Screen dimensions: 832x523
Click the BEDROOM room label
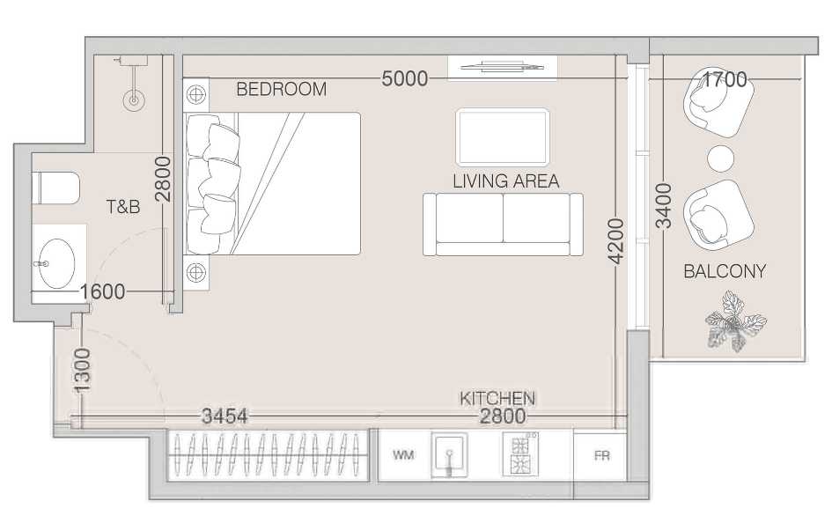click(x=281, y=89)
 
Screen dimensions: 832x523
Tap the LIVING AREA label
click(x=505, y=180)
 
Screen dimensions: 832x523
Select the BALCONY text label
click(x=725, y=271)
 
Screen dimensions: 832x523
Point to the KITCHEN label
click(x=497, y=398)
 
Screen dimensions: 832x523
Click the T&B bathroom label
click(x=123, y=206)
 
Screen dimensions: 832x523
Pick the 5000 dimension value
click(x=405, y=78)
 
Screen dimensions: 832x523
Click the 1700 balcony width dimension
click(x=725, y=79)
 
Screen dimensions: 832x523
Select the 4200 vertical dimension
click(x=616, y=241)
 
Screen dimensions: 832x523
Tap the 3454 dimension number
click(x=225, y=416)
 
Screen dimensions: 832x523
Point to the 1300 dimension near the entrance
click(x=82, y=371)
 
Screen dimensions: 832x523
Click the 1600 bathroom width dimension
click(x=102, y=291)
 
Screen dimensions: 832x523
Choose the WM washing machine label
click(x=403, y=454)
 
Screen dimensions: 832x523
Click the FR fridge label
click(x=601, y=455)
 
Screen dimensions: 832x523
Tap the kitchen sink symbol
click(x=449, y=455)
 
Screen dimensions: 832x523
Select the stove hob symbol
click(x=519, y=454)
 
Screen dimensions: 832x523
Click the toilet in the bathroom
click(x=55, y=188)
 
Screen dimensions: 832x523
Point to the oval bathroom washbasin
click(x=56, y=263)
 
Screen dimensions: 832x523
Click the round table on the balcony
click(x=720, y=158)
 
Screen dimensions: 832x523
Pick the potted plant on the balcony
click(x=735, y=322)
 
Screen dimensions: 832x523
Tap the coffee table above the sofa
click(x=502, y=136)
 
